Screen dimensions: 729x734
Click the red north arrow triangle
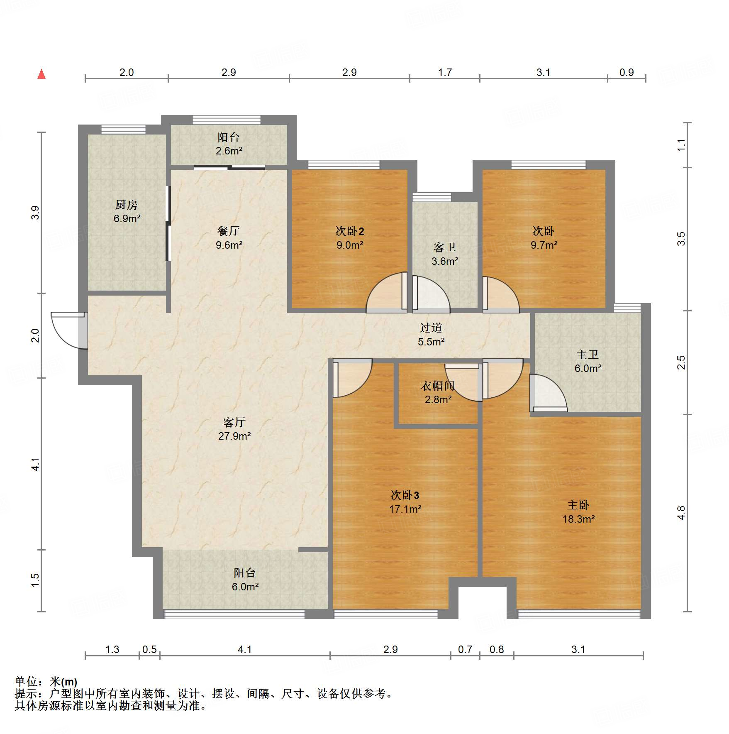(41, 74)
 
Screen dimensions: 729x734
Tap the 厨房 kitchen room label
(127, 211)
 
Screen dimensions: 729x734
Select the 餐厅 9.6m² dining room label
(229, 238)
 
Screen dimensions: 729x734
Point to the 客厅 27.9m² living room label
(234, 429)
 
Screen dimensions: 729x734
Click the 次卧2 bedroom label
(350, 238)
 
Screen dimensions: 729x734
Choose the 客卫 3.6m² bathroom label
(445, 254)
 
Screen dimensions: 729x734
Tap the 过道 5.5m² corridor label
(431, 335)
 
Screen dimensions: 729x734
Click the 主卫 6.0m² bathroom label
(588, 361)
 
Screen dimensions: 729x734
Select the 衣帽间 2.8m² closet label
(438, 392)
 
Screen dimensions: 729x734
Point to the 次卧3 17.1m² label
(405, 502)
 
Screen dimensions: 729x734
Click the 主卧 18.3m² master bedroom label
(579, 512)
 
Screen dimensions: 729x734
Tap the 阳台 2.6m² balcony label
(229, 144)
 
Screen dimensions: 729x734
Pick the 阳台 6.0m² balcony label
(245, 580)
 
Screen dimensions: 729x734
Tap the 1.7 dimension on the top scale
(445, 72)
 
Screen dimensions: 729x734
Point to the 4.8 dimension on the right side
(681, 513)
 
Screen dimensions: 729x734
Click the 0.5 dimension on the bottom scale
(149, 649)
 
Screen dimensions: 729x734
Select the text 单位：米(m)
(46, 682)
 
